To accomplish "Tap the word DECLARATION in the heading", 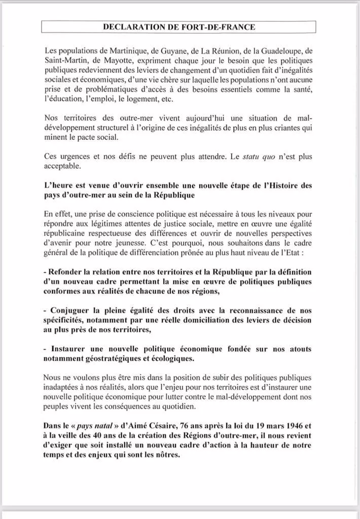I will point(133,27).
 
